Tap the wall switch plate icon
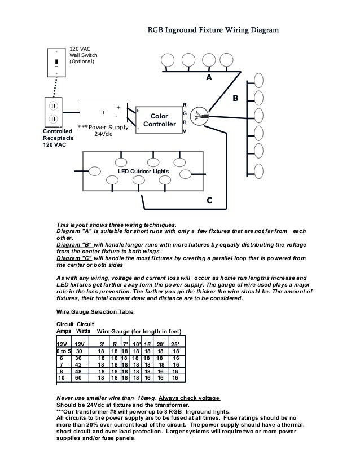(56, 63)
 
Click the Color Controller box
(159, 120)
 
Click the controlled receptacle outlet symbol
(52, 112)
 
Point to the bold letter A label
(208, 78)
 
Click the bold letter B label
(236, 99)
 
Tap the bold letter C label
(209, 200)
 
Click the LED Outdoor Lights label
(143, 170)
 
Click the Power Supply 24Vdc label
(103, 130)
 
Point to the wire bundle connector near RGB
(202, 116)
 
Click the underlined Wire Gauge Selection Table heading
(95, 311)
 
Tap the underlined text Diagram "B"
(74, 245)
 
